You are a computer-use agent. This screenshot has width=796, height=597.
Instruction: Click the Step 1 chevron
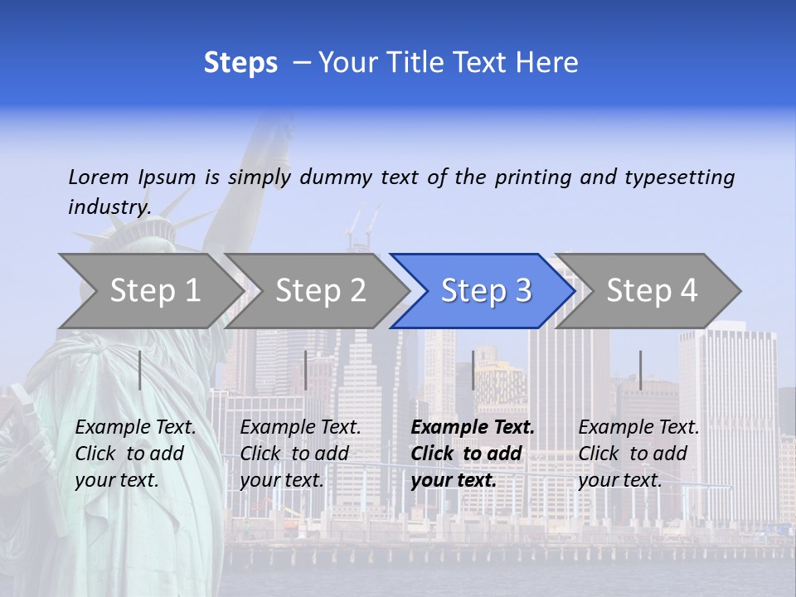(153, 290)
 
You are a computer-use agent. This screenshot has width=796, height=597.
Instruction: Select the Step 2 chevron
(319, 290)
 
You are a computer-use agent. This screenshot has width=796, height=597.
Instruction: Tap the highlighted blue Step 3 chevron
(485, 290)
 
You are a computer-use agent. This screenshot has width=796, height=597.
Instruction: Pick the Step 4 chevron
(651, 290)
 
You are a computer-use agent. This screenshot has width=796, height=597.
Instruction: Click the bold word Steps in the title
(240, 63)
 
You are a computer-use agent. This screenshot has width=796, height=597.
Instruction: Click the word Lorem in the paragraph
(99, 177)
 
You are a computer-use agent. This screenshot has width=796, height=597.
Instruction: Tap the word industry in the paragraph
(109, 206)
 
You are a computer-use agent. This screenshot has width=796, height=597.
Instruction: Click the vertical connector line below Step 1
(139, 370)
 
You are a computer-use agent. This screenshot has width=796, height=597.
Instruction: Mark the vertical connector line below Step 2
(306, 370)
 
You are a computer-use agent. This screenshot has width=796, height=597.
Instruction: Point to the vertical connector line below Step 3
(473, 370)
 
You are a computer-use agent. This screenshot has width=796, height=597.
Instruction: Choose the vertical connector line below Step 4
(640, 370)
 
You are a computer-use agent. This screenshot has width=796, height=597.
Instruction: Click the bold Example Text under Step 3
(473, 428)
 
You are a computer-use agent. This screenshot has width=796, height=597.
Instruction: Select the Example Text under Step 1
(135, 428)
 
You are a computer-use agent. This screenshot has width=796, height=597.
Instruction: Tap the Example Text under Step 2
(300, 428)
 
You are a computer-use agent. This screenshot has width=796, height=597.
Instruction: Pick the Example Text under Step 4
(638, 428)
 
